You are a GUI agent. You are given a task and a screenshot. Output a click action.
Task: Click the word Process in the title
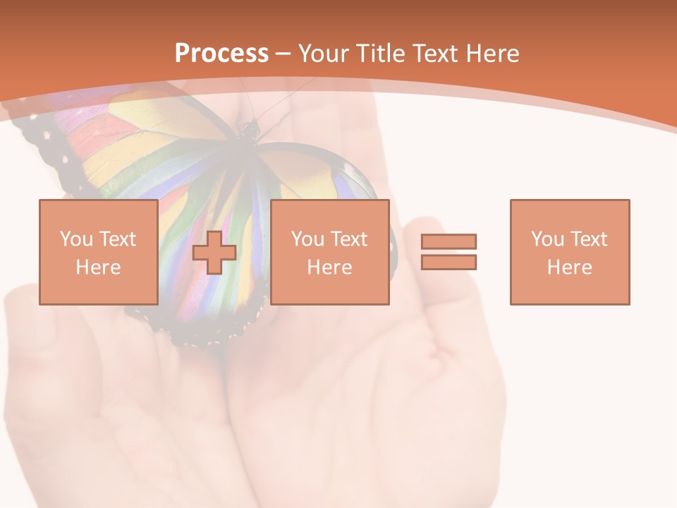[x=221, y=54]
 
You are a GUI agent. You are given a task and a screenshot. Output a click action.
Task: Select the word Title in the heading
[x=381, y=54]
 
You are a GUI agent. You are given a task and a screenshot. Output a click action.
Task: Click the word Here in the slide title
[x=493, y=54]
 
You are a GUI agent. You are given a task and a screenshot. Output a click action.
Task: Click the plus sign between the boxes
[x=214, y=253]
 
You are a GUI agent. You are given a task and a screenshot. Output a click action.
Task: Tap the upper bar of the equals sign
[x=449, y=241]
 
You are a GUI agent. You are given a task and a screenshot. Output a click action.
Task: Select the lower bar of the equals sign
[x=449, y=262]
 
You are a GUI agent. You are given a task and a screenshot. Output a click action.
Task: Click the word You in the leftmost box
[x=76, y=239]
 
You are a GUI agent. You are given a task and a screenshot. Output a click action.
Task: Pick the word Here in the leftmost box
[x=98, y=267]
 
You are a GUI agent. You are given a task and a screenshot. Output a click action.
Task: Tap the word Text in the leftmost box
[x=117, y=239]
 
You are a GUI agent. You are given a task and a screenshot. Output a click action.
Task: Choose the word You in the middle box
[x=307, y=239]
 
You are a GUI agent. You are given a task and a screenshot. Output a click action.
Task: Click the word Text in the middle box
[x=348, y=239]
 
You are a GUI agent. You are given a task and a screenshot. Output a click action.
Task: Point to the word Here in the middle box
[x=329, y=267]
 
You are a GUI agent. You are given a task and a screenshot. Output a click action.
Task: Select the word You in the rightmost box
[x=547, y=239]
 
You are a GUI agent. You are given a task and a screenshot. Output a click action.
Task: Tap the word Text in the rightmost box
[x=588, y=239]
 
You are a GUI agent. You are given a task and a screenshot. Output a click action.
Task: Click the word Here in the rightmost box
[x=569, y=267]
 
